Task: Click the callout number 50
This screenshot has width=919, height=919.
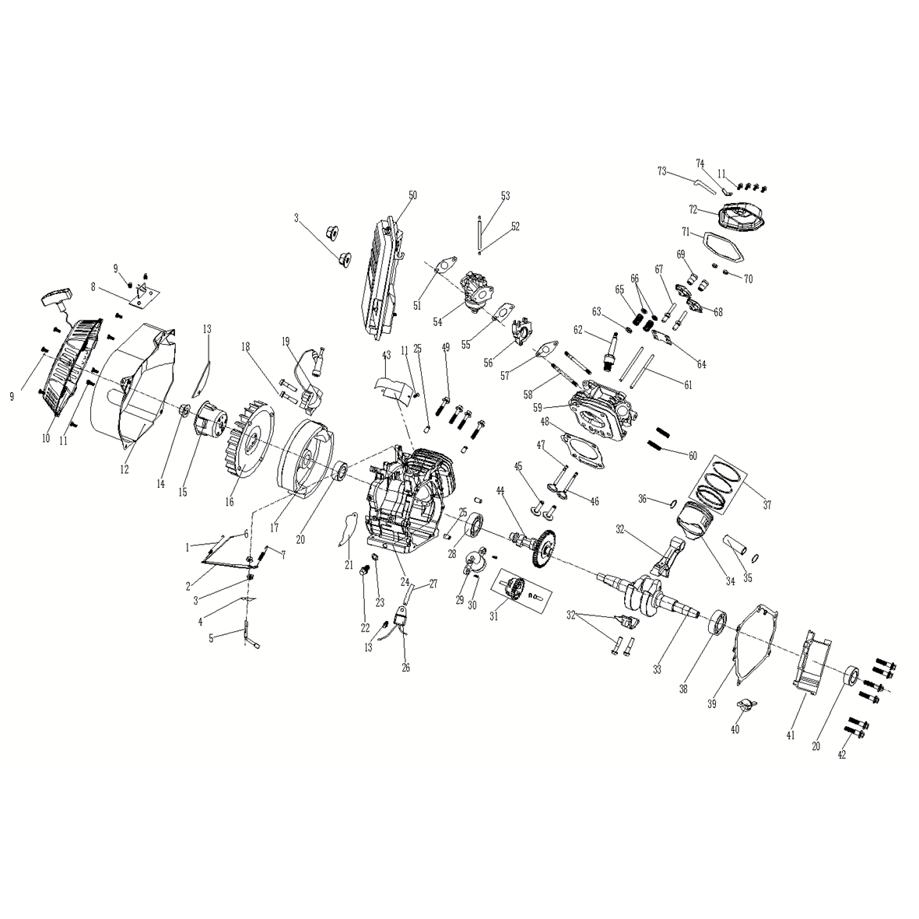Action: click(412, 195)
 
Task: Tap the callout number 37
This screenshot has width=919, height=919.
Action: click(767, 504)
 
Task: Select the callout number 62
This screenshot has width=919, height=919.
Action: click(578, 331)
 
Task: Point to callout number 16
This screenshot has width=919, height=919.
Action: click(229, 502)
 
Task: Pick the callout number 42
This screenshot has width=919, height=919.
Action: click(842, 755)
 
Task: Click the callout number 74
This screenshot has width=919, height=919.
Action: click(700, 163)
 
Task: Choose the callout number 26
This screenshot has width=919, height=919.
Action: click(405, 668)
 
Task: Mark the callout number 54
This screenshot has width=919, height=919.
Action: click(437, 322)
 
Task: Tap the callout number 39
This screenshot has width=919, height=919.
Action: click(712, 704)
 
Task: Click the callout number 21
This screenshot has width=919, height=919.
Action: click(349, 565)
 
